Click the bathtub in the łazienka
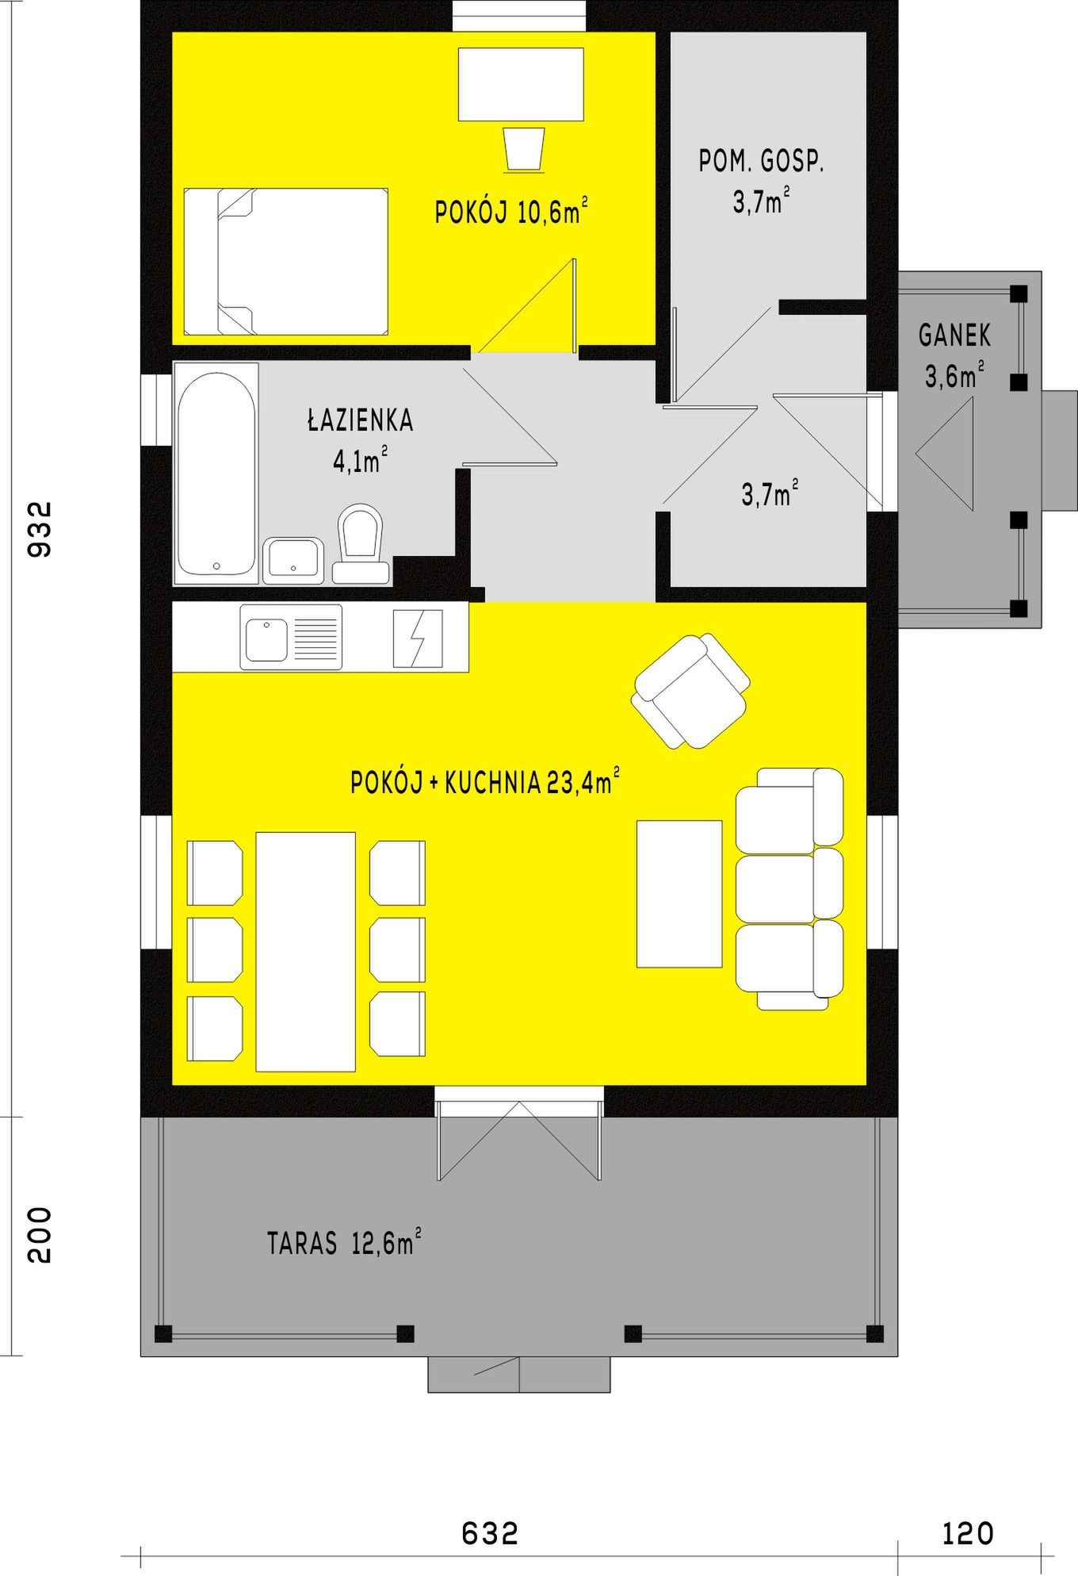click(x=216, y=474)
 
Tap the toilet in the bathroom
click(x=361, y=543)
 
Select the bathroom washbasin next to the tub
click(x=293, y=561)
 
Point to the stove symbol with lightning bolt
click(x=418, y=638)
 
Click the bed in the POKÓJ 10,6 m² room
click(x=286, y=262)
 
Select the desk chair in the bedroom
click(x=524, y=148)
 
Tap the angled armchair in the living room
click(x=690, y=691)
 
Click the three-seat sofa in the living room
click(x=789, y=888)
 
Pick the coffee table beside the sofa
click(x=679, y=894)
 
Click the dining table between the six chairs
click(x=305, y=952)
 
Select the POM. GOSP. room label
click(x=761, y=162)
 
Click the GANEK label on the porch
click(x=954, y=336)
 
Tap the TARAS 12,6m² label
click(x=344, y=1242)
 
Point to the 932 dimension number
click(x=39, y=528)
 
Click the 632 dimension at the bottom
click(x=490, y=1533)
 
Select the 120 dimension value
click(x=968, y=1533)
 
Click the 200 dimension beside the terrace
click(x=39, y=1235)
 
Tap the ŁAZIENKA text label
click(x=361, y=420)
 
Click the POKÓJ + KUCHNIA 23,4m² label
click(x=485, y=782)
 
